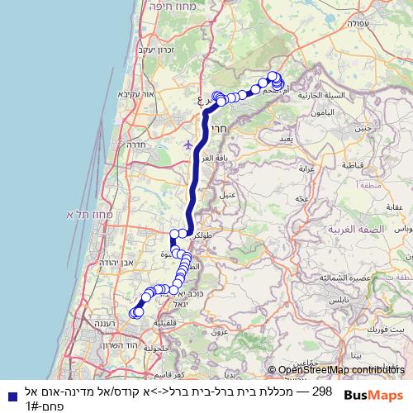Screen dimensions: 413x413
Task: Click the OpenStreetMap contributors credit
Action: pyautogui.click(x=336, y=369)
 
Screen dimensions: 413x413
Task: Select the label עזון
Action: pyautogui.click(x=219, y=331)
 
